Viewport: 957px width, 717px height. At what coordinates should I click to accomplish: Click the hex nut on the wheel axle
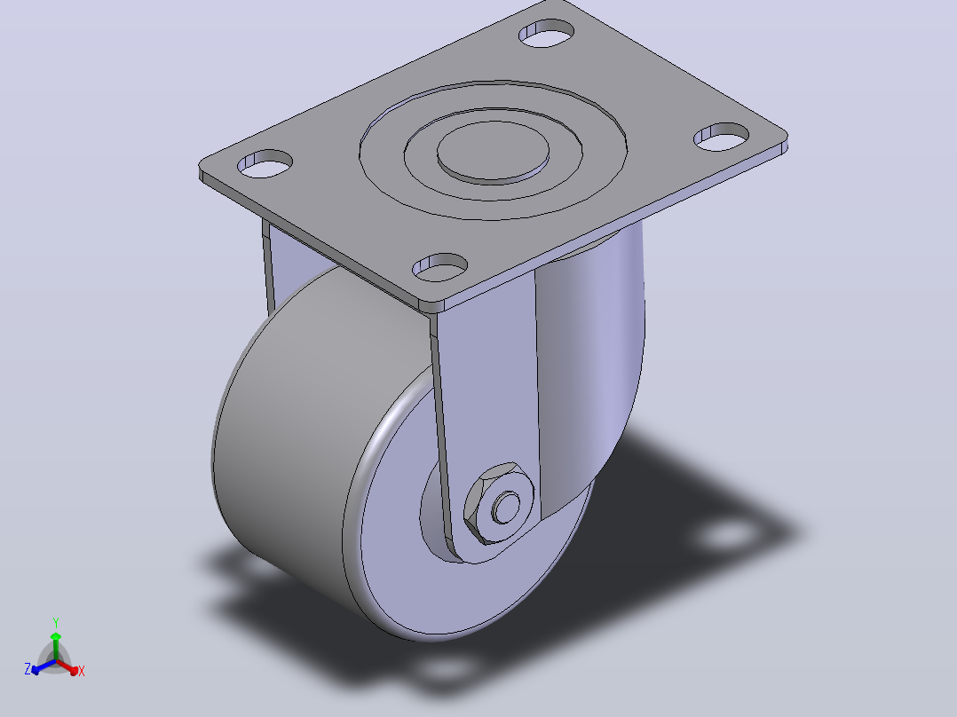tap(499, 503)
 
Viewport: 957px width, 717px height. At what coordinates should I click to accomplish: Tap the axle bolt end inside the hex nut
tap(506, 507)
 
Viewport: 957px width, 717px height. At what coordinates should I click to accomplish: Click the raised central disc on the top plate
tap(494, 152)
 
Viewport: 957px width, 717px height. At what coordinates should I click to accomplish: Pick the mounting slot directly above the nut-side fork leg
tap(440, 267)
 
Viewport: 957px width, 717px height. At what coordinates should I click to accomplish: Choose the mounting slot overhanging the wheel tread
tap(265, 163)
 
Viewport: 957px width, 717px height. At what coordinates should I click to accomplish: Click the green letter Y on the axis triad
tap(56, 623)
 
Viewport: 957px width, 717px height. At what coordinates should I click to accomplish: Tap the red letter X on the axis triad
tap(81, 671)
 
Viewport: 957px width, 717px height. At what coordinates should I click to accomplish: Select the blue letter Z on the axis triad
tap(28, 669)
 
